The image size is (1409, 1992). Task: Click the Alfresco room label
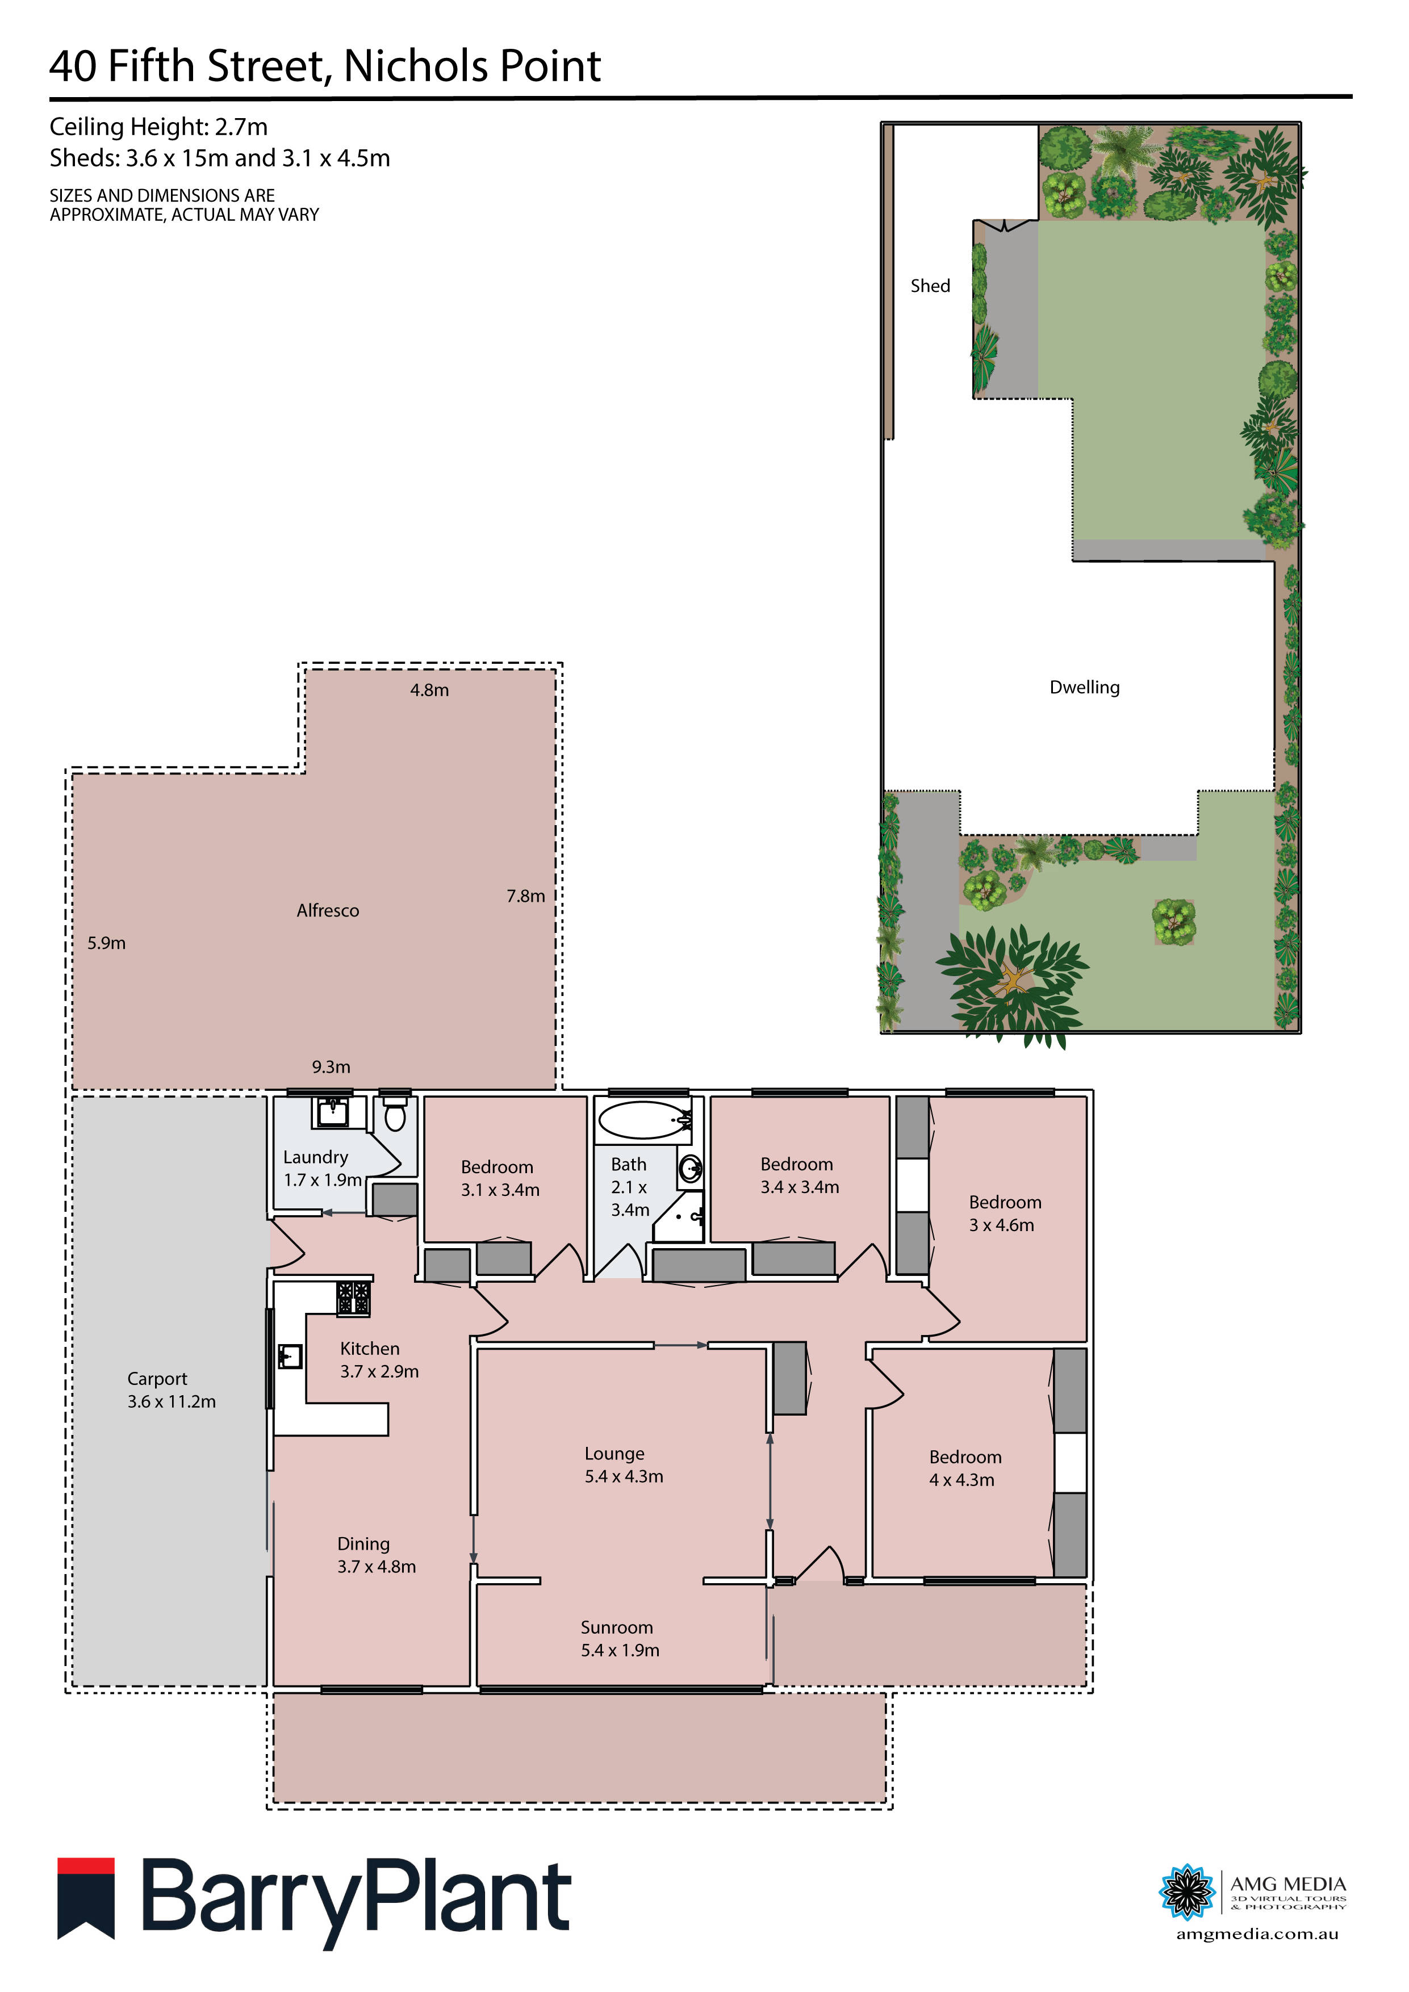click(327, 910)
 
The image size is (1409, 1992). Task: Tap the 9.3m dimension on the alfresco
click(332, 1067)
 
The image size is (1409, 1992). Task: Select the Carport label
click(157, 1379)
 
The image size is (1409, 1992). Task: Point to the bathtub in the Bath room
click(644, 1120)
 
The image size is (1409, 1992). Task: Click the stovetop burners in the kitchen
click(353, 1299)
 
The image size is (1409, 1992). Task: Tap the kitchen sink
click(290, 1355)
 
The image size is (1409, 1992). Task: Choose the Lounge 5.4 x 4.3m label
click(623, 1464)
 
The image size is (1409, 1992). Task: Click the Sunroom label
click(617, 1627)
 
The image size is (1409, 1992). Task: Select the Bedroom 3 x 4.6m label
click(1004, 1213)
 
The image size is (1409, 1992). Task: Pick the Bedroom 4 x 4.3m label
click(965, 1468)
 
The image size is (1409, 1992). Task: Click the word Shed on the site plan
click(930, 286)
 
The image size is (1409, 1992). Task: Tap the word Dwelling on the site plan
click(1085, 687)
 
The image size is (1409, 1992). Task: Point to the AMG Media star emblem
click(1187, 1891)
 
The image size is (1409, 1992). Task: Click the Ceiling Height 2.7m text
click(159, 127)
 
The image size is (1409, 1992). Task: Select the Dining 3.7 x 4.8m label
click(377, 1555)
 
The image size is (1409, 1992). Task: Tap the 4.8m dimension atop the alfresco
click(429, 690)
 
